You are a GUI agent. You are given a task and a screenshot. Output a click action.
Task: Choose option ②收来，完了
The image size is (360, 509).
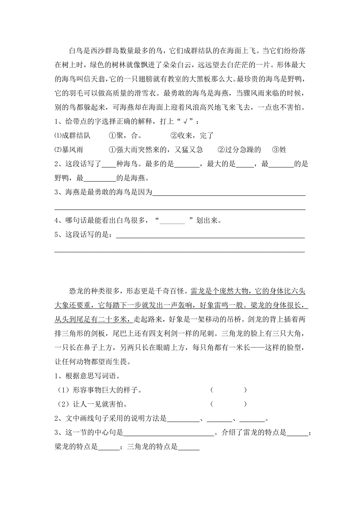coord(191,136)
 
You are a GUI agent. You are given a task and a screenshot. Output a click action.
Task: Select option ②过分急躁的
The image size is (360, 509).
coord(239,150)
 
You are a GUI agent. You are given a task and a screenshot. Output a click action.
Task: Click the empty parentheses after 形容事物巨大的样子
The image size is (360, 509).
coord(229,390)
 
